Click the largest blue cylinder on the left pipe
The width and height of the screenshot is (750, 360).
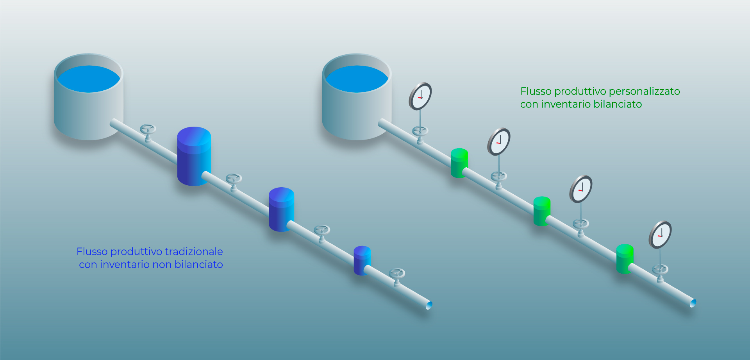coord(194,156)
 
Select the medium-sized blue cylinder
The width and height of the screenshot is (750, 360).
coord(281,210)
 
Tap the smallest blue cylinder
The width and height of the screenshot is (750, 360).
coord(362,260)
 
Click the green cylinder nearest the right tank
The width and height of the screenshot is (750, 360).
coord(459,163)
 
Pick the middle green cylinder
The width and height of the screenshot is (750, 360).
coord(542,211)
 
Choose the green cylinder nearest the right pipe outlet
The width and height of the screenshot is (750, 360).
coord(625,259)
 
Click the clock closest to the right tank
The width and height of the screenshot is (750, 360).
coord(420,96)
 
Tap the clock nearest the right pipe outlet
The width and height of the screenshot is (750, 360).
coord(660,235)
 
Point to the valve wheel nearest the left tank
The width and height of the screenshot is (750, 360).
coord(148,129)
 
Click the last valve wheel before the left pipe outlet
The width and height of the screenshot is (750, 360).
coord(397,273)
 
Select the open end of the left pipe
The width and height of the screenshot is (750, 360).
coord(429,305)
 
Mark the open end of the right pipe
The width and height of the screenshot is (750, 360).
coord(693,303)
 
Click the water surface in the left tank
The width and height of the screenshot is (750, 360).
coord(89,79)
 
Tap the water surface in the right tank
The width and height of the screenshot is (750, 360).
coord(357,79)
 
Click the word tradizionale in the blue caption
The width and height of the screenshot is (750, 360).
coord(194,251)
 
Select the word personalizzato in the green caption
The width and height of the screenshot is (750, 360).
coord(644,91)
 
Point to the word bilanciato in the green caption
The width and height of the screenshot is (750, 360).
coord(618,104)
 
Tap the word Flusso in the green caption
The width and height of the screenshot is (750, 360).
coord(536,91)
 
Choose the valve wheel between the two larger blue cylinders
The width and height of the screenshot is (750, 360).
coord(234,179)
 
